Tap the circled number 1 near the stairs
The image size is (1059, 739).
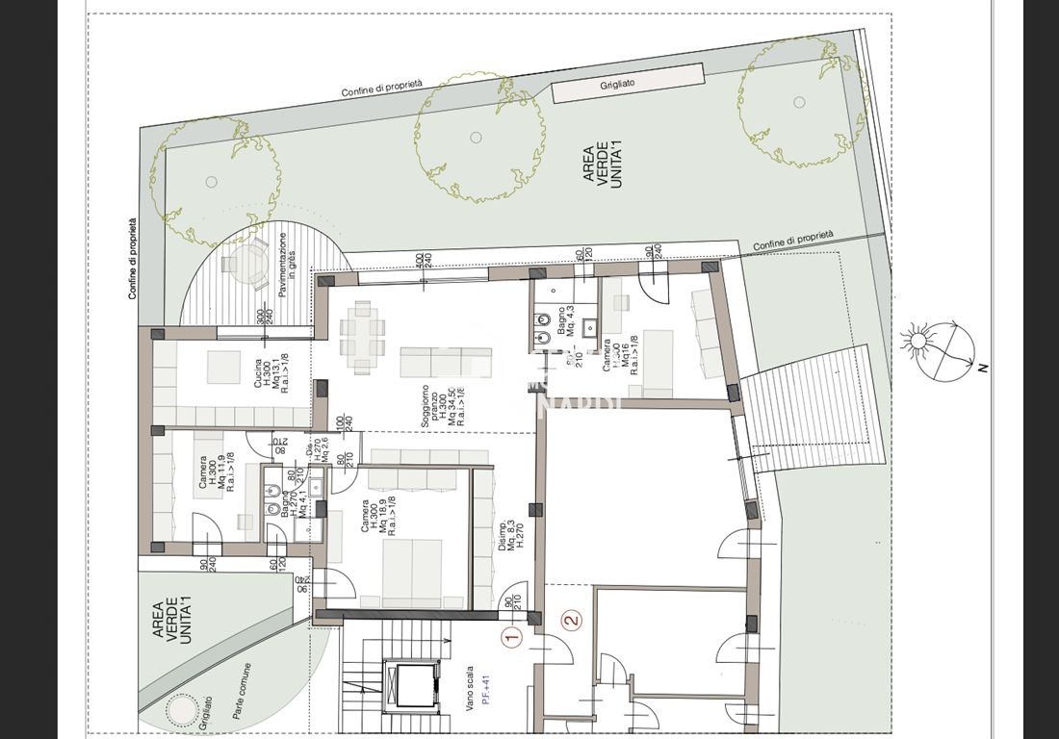[512, 635]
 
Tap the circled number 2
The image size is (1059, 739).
[572, 621]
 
